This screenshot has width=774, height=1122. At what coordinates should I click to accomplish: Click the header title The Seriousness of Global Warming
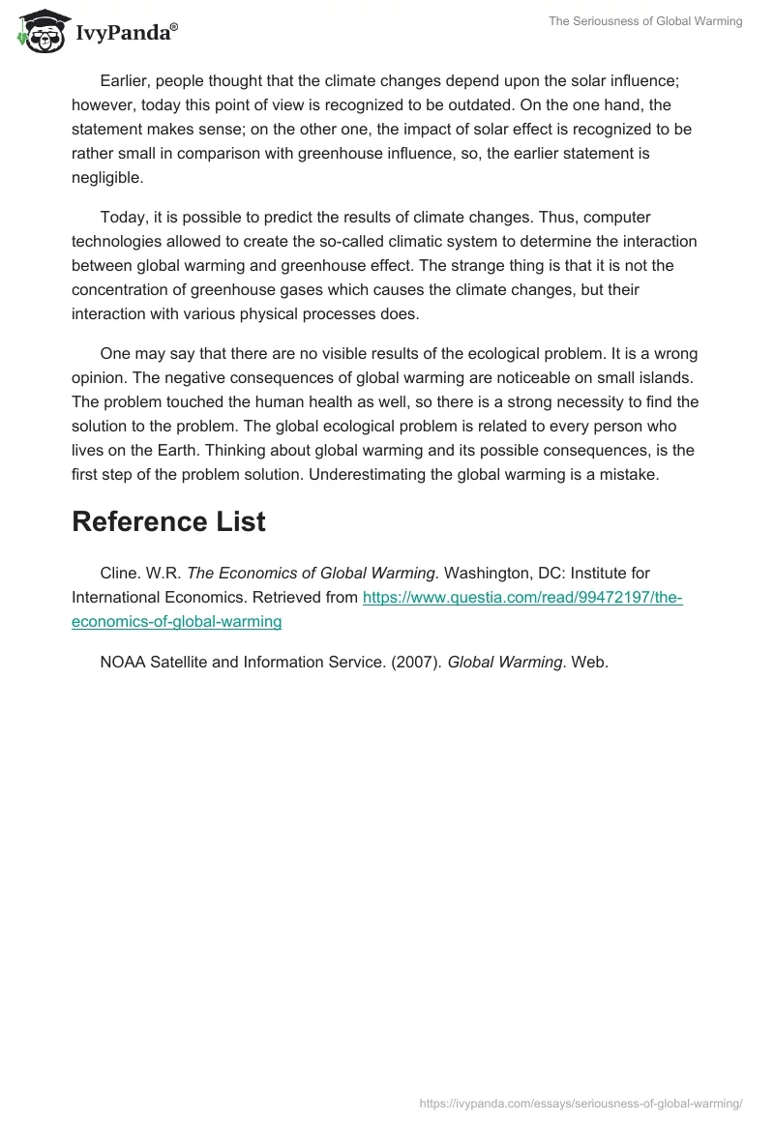click(645, 21)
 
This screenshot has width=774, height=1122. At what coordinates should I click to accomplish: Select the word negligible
click(107, 178)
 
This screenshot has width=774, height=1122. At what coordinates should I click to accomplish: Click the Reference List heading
click(168, 521)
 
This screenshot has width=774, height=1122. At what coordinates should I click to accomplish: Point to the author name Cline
click(120, 574)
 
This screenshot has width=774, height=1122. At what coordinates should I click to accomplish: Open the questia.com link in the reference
click(522, 598)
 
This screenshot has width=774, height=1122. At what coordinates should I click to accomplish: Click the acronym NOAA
click(123, 663)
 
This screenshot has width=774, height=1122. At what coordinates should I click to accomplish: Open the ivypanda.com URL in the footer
click(580, 1103)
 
